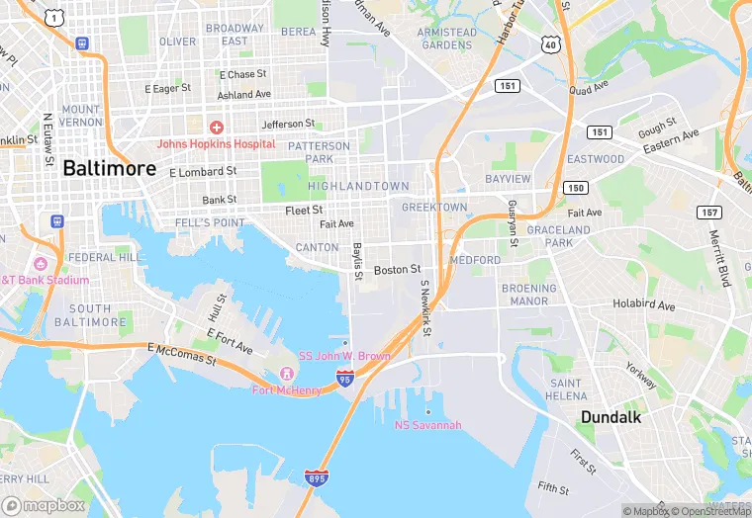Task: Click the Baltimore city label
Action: (109, 168)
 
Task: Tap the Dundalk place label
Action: (611, 416)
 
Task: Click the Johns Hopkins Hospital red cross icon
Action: (216, 127)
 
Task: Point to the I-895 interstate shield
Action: (317, 477)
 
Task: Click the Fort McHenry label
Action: (286, 389)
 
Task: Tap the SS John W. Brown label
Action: (344, 355)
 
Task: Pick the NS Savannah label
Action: (427, 425)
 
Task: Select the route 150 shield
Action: (575, 187)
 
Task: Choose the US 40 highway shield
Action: (550, 44)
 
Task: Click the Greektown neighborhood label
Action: (434, 207)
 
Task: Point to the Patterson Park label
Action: (319, 152)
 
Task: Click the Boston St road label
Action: (397, 269)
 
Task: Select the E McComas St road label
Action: (182, 353)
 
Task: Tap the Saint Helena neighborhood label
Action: (566, 389)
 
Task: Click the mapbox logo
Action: (44, 505)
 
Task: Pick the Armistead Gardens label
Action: (445, 39)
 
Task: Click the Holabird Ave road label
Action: (643, 303)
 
